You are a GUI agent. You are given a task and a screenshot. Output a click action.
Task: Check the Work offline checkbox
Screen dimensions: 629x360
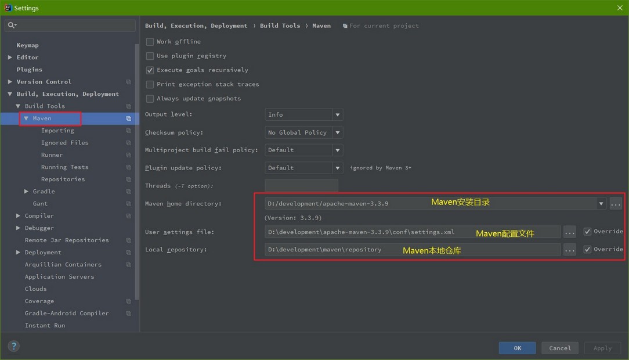[x=150, y=42]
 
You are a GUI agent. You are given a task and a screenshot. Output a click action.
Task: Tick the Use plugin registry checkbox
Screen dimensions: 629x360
[x=150, y=56]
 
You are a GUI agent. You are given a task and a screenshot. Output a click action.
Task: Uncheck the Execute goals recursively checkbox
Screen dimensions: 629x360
[x=150, y=70]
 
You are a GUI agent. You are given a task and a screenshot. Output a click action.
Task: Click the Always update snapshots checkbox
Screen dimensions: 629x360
[x=150, y=99]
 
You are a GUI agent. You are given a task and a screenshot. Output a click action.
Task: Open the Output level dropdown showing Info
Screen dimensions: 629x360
[x=303, y=115]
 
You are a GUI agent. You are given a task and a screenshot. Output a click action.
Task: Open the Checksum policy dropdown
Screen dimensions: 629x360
[x=303, y=132]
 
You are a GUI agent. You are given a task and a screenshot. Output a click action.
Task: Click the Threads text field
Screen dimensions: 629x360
[x=301, y=185]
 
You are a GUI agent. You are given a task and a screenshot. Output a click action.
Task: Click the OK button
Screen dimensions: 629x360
[x=517, y=348]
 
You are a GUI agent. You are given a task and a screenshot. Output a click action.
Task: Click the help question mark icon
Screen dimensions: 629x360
[x=14, y=346]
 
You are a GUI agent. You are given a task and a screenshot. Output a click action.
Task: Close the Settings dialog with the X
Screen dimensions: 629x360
[x=620, y=8]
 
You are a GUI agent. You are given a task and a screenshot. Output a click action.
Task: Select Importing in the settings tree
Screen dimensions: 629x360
[x=57, y=131]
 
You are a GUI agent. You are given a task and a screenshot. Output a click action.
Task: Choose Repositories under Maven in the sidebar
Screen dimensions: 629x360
[x=63, y=179]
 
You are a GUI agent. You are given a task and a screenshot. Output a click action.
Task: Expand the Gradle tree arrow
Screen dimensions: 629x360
[x=27, y=192]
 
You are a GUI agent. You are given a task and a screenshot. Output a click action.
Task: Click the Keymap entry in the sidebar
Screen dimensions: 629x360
[x=28, y=45]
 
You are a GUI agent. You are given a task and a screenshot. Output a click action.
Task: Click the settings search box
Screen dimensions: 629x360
[x=70, y=26]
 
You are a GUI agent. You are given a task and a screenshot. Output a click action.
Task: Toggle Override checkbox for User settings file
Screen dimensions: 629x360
[x=587, y=232]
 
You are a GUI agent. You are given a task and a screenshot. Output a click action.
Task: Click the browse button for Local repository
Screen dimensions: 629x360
[x=570, y=250]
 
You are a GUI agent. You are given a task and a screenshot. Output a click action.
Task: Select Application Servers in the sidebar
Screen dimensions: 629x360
[x=59, y=276]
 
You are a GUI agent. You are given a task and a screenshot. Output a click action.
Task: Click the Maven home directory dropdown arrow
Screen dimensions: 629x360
[x=601, y=203]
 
